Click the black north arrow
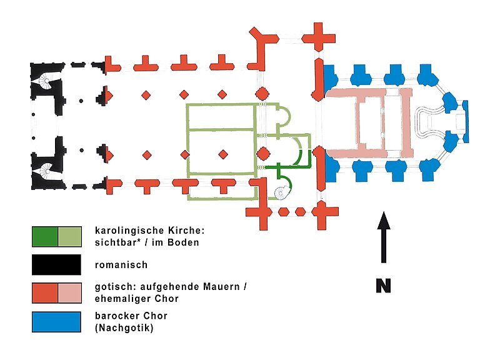(x=384, y=237)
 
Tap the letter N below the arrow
(x=384, y=286)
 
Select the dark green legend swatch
(x=45, y=236)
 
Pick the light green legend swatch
(x=69, y=236)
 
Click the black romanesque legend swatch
(x=56, y=264)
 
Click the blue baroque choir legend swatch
(x=56, y=321)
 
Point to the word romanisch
(x=121, y=264)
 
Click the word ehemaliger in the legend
(x=120, y=299)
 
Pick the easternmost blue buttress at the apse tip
(x=462, y=121)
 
